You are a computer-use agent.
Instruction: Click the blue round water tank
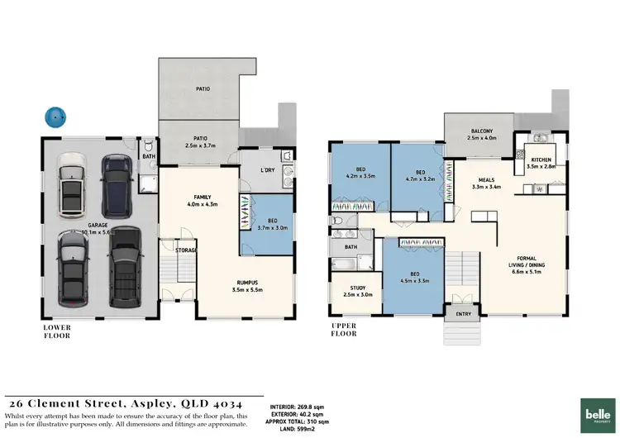click(x=56, y=117)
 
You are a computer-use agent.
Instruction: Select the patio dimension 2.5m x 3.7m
click(x=200, y=145)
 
